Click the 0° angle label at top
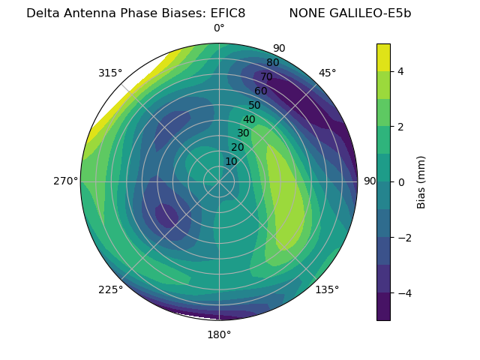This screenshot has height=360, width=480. click(219, 28)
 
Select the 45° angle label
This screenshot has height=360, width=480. click(327, 73)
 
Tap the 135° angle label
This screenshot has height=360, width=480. click(327, 289)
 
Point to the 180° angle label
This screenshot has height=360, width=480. click(219, 334)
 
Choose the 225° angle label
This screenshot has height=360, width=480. click(110, 289)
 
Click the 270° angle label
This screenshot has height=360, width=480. click(66, 181)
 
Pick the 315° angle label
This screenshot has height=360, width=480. click(110, 73)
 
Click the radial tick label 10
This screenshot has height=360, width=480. click(231, 161)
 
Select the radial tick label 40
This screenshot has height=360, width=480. click(249, 119)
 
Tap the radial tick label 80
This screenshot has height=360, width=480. click(273, 63)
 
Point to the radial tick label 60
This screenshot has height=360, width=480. click(261, 91)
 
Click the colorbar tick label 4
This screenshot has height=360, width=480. click(400, 71)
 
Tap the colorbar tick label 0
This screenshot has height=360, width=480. click(400, 181)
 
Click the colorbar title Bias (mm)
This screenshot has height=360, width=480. click(421, 181)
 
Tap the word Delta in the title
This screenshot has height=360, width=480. click(42, 13)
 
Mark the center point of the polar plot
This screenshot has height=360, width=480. click(219, 181)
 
